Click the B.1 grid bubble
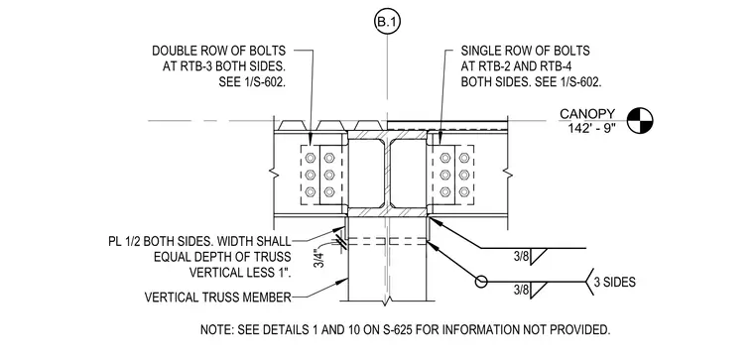click(387, 22)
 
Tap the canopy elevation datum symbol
click(640, 121)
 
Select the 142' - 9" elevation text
click(592, 129)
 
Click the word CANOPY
click(587, 114)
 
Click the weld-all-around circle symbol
click(481, 282)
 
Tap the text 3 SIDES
click(614, 282)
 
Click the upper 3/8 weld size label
click(521, 258)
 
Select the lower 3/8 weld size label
click(521, 290)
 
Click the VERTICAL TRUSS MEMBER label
click(218, 298)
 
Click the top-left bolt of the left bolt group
click(311, 157)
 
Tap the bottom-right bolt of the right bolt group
click(464, 192)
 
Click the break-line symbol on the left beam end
click(275, 174)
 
